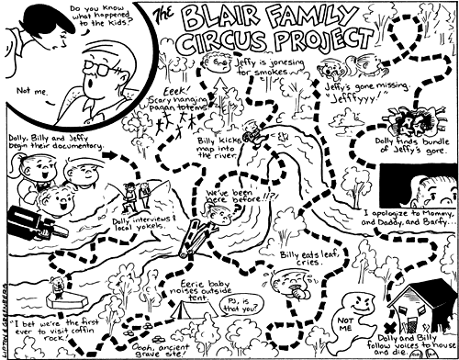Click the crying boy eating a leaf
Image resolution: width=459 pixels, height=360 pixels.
[295, 285]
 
